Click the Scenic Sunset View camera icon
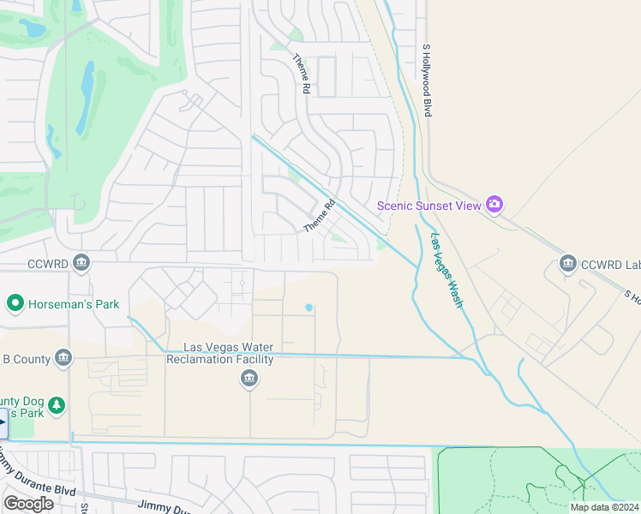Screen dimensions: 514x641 click(x=494, y=205)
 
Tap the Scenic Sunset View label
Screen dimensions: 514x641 click(x=430, y=206)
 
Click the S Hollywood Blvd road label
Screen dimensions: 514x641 click(x=427, y=81)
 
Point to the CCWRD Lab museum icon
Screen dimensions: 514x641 click(x=567, y=263)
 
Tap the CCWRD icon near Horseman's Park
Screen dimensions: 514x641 click(x=81, y=262)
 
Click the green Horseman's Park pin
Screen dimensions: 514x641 click(x=15, y=303)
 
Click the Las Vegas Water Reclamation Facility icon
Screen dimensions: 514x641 click(x=249, y=380)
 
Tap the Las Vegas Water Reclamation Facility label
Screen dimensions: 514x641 click(x=229, y=353)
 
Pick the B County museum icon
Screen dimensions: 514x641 click(x=63, y=359)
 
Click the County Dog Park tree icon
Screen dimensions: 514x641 click(x=57, y=404)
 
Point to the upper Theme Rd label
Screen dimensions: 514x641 click(x=302, y=69)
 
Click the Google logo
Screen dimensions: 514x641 click(x=28, y=503)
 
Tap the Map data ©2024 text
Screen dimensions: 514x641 click(x=604, y=507)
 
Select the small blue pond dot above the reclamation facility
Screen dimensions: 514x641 click(x=309, y=308)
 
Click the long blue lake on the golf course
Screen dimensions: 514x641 click(x=87, y=99)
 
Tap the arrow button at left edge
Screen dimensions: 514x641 click(x=3, y=423)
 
